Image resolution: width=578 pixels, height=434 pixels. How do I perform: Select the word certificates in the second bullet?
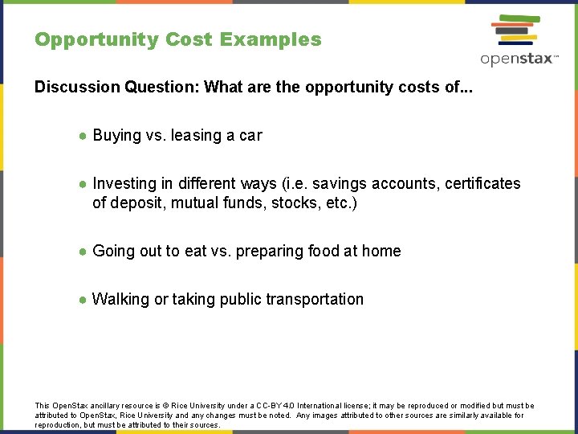point(479,184)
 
